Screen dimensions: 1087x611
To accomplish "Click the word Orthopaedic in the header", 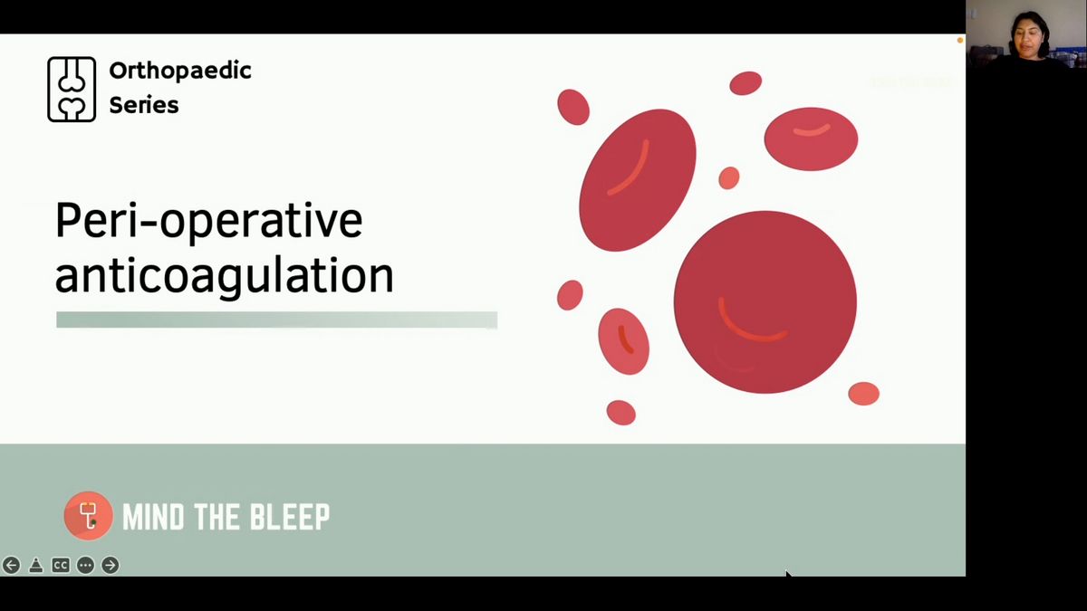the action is click(180, 72).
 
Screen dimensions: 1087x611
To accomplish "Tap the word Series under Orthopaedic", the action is click(144, 105).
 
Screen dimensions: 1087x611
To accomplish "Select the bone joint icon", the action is click(72, 90).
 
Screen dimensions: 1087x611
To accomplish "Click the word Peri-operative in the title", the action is click(208, 221).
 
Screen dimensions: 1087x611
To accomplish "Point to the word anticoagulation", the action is click(225, 276).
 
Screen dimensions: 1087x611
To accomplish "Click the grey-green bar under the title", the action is click(276, 320).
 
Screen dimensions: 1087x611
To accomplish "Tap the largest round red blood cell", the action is click(765, 302).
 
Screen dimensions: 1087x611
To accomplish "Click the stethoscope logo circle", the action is click(89, 516).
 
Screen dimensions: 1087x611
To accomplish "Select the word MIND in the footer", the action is click(153, 517).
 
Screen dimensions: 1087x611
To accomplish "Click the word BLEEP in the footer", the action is click(290, 517).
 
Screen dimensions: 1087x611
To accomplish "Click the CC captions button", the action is click(61, 566).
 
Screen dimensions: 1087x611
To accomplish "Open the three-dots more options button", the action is click(85, 566).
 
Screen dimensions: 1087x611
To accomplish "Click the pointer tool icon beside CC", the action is click(36, 566).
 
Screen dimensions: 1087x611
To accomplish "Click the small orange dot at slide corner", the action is click(959, 41).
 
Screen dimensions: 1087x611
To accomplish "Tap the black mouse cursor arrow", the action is click(789, 575).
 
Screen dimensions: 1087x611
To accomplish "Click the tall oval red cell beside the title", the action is click(638, 180).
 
